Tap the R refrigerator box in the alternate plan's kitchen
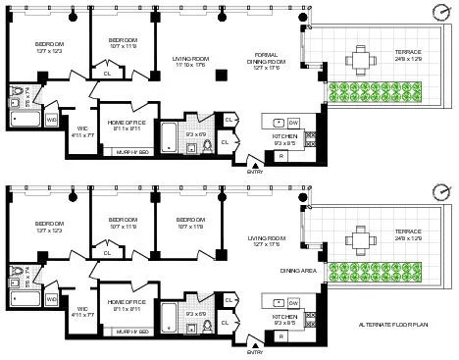click(x=282, y=337)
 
